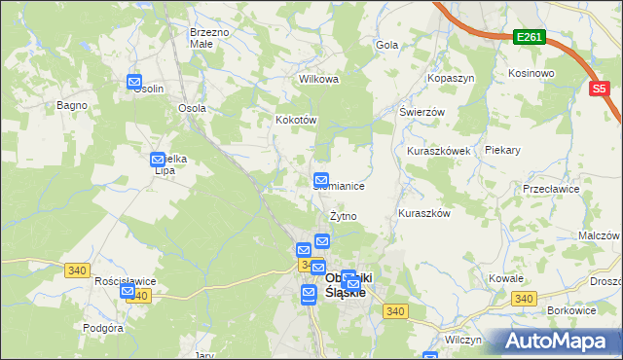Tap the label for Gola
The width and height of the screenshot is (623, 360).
point(387,45)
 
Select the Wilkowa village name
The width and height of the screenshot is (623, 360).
point(318,80)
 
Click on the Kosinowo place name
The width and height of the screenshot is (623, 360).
point(531,73)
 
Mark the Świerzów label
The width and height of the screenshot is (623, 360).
point(421,112)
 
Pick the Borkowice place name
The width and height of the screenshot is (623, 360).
point(571,309)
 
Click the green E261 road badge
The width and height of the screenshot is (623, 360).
point(530,37)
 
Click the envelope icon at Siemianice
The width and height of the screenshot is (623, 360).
point(321,180)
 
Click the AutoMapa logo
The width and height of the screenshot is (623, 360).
point(560,342)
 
